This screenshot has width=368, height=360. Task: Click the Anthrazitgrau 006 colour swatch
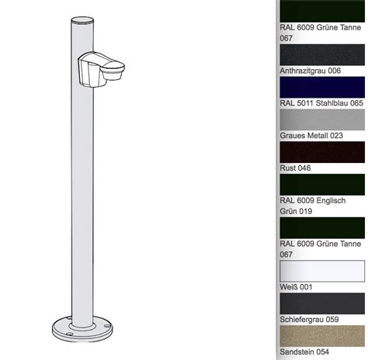click(322, 54)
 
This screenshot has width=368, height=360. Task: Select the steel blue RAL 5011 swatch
click(322, 87)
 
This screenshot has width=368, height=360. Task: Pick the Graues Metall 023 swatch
click(322, 119)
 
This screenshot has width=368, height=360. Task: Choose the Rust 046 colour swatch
click(322, 152)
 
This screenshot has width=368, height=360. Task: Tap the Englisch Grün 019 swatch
click(322, 185)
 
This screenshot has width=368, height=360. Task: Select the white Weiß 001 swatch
click(322, 271)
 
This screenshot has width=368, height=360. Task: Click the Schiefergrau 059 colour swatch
click(322, 303)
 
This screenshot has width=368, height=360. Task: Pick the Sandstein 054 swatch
click(322, 336)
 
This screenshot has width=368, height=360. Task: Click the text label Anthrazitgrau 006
click(311, 71)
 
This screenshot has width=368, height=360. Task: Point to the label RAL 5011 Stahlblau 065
click(321, 103)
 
